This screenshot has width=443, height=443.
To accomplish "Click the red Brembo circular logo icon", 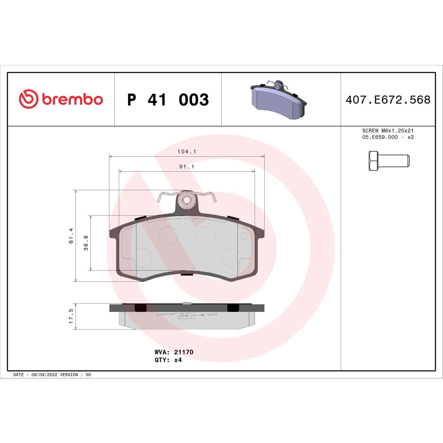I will [28, 99].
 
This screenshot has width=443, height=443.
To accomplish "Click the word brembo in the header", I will [72, 100].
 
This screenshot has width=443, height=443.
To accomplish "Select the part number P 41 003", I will [168, 100].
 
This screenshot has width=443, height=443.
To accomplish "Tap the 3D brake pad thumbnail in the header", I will [278, 100].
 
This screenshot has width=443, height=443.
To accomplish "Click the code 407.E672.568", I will [388, 100].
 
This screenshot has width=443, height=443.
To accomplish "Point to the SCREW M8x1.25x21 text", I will [388, 131].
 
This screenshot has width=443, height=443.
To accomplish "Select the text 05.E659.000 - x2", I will [388, 137].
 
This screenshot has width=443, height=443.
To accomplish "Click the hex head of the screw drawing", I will [373, 161].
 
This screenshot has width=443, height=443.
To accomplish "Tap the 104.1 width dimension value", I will [186, 152].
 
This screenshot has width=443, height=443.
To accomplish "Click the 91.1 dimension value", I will [186, 166].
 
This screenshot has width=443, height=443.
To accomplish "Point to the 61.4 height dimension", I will [71, 236].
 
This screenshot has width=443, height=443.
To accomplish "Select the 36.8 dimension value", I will [86, 243].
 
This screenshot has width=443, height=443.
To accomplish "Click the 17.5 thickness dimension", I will [71, 316].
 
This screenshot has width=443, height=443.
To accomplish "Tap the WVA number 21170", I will [183, 352].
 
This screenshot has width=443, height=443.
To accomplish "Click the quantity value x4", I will [178, 360].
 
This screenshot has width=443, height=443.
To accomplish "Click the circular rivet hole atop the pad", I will [186, 200].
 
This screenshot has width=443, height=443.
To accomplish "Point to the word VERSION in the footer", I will [69, 375].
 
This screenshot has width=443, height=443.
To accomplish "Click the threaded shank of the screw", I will [394, 161].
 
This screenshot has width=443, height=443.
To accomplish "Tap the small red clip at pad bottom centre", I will [186, 274].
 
